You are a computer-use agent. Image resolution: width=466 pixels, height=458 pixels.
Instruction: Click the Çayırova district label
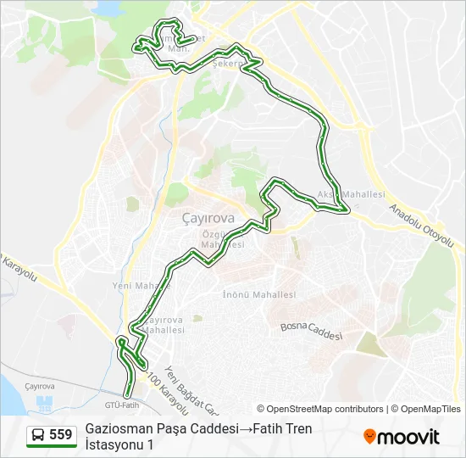208,217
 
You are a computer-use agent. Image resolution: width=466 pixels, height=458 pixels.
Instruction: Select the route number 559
60,435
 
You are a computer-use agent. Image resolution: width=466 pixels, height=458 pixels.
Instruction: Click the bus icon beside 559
38,436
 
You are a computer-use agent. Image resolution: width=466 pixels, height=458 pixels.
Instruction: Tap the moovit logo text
409,437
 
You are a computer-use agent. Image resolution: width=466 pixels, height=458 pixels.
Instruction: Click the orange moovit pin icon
369,437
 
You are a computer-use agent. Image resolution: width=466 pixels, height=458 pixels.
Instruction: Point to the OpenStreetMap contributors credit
320,409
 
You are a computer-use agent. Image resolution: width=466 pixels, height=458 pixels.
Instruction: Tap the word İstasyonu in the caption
114,444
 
